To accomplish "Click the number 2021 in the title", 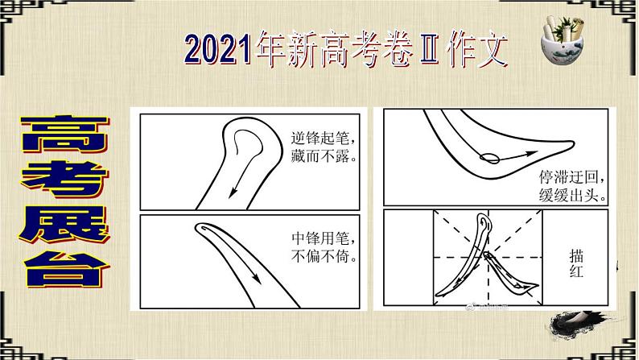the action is click(x=218, y=49).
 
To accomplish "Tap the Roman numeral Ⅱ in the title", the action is click(x=431, y=50).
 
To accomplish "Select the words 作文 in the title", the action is click(x=477, y=50).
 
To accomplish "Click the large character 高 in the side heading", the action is click(x=64, y=134).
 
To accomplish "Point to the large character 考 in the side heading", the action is click(x=64, y=180).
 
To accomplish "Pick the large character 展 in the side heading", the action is click(x=64, y=225).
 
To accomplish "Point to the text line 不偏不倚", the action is click(x=324, y=256).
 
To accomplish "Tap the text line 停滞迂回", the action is click(x=571, y=177).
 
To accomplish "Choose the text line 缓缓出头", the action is click(x=572, y=196).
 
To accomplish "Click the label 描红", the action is click(x=576, y=264).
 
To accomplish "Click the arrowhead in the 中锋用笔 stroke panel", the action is click(x=257, y=278).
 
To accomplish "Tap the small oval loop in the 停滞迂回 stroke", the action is click(x=489, y=158).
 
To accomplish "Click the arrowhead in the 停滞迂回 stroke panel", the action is click(x=531, y=154).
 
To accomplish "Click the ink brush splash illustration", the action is click(x=579, y=323).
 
